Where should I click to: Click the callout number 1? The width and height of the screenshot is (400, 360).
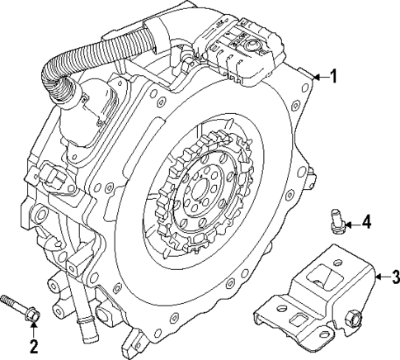point(332,77)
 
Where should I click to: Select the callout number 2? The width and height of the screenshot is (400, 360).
point(33,344)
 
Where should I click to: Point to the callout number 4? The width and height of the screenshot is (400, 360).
point(367,222)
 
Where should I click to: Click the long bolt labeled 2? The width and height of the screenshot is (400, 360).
point(20,306)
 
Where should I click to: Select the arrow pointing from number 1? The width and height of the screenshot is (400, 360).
point(320,77)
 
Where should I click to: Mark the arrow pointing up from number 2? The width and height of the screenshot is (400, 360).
point(33,329)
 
